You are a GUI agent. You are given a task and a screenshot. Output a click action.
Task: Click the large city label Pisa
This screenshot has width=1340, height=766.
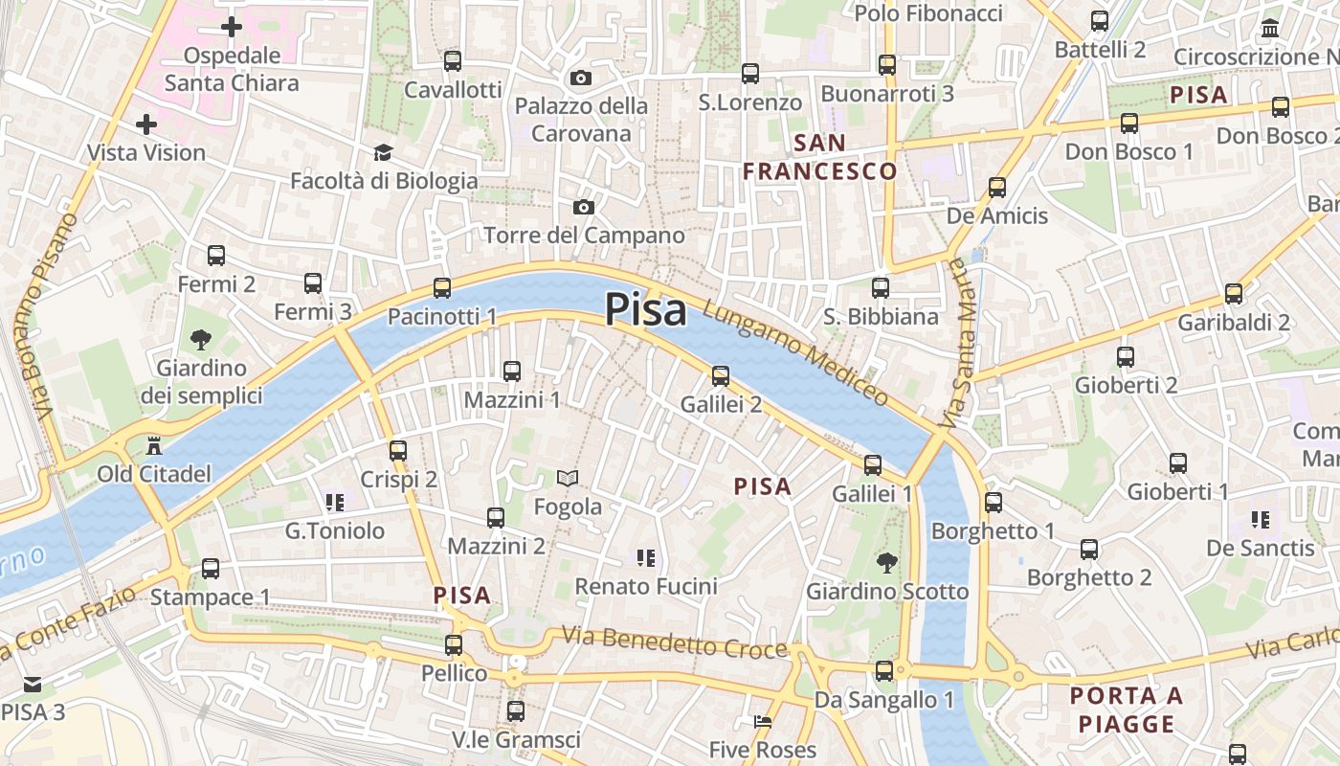point(646,310)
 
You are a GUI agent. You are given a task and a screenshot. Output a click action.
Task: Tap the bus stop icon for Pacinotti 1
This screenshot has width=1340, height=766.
point(442,287)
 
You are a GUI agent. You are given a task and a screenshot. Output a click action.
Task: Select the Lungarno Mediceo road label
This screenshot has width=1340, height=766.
point(795,352)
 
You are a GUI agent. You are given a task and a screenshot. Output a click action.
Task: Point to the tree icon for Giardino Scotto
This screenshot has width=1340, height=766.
point(887,562)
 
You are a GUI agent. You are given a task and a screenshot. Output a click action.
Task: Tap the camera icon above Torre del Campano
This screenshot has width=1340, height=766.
point(583,207)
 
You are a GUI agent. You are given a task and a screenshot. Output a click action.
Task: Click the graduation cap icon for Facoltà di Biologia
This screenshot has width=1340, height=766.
point(383,153)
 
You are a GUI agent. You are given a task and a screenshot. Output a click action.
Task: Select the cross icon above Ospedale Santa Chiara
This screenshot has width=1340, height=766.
point(231,27)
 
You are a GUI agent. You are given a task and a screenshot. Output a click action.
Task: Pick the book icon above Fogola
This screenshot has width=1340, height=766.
point(568,478)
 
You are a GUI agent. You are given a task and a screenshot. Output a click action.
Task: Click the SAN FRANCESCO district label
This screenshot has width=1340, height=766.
point(820,158)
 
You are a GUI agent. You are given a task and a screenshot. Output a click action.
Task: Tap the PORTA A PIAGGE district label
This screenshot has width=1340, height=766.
point(1128,710)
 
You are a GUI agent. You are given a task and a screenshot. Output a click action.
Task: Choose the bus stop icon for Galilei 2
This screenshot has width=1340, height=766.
point(721,376)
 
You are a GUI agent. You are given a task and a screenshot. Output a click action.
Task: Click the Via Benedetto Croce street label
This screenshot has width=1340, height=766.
point(674,642)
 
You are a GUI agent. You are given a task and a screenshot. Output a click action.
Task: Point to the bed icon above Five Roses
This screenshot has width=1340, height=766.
point(763,721)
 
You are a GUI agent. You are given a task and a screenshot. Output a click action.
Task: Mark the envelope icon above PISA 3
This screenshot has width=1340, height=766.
point(33,684)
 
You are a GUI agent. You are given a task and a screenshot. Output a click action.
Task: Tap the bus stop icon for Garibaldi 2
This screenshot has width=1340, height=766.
point(1234,294)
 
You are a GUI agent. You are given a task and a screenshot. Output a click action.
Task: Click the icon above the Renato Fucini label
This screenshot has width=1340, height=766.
point(646,557)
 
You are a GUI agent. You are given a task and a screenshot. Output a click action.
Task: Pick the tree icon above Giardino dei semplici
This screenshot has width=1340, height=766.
point(201,339)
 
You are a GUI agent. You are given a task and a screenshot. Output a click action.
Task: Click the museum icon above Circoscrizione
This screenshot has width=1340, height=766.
point(1270,29)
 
